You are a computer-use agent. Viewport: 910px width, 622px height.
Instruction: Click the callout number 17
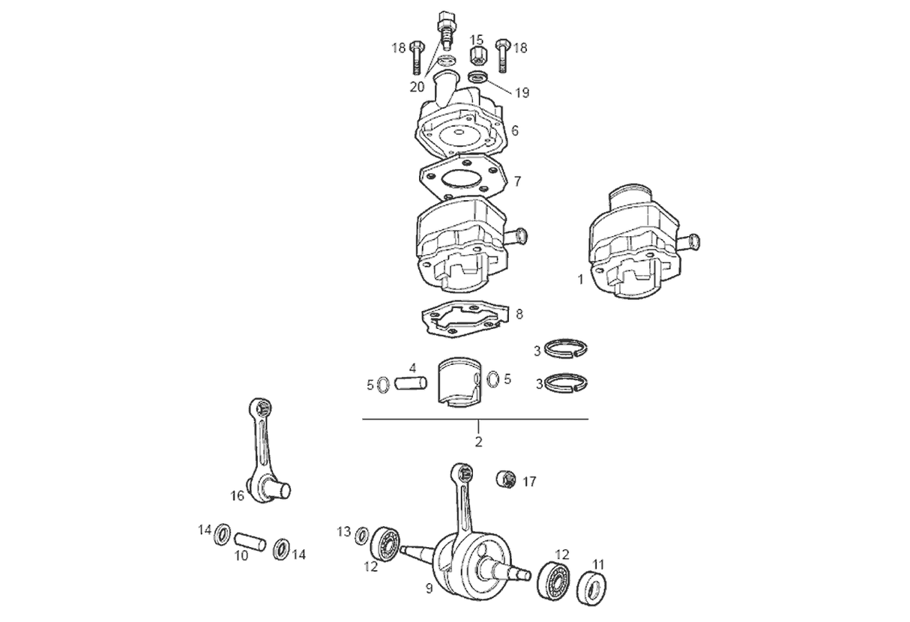coord(529,482)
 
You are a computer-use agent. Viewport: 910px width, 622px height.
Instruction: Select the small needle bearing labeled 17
coord(507,478)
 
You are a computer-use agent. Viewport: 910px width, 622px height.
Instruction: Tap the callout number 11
coord(599,564)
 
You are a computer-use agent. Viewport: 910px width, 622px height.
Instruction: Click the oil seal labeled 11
coord(592,588)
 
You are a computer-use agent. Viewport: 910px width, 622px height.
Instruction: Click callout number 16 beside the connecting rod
coord(237,495)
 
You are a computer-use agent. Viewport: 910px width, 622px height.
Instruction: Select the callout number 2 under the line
coord(478,441)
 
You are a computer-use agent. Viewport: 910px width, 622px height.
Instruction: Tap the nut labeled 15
coord(477,55)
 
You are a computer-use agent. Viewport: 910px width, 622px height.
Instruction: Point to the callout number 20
coord(417,86)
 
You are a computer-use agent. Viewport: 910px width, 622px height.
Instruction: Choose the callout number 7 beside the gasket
coord(517,181)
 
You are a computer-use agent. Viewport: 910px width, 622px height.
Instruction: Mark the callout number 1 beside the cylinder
coord(580,279)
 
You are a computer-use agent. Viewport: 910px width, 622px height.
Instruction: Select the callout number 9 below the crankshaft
coord(429,589)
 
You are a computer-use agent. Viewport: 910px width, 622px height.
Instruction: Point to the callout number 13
coord(343,532)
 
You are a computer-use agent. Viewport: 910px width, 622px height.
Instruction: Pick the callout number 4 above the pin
coord(412,368)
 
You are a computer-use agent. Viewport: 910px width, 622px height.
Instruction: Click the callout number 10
coord(241,556)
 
